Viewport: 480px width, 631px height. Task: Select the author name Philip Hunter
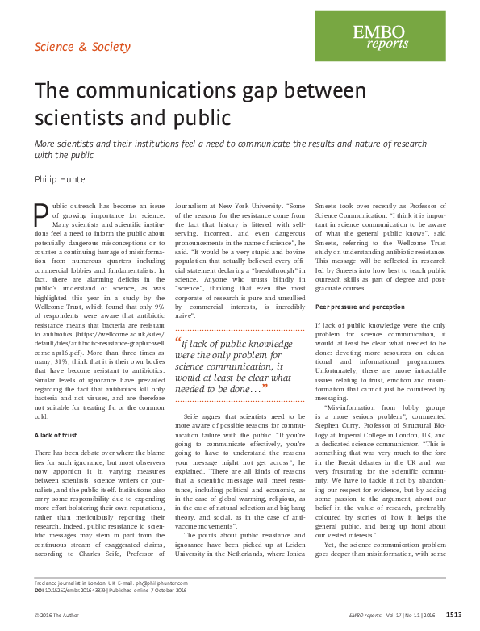tap(62, 178)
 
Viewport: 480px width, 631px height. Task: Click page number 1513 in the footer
tap(453, 615)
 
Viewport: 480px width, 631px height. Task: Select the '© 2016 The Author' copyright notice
tap(60, 615)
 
